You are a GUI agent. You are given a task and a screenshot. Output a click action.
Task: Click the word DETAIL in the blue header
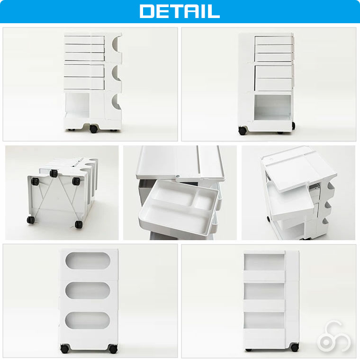(180, 11)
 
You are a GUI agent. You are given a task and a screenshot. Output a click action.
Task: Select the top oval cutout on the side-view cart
(88, 261)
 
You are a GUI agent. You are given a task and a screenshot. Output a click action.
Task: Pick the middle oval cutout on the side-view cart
(88, 290)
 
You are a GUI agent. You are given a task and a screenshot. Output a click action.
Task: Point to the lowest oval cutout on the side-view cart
(88, 320)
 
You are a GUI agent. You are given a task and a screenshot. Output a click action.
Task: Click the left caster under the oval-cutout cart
(65, 349)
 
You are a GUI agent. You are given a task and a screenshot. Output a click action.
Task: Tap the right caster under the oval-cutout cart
(113, 349)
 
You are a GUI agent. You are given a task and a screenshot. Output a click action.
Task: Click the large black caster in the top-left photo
(93, 129)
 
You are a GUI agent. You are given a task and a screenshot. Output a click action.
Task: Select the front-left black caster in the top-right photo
(242, 130)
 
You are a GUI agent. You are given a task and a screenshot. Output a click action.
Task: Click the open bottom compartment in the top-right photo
(272, 107)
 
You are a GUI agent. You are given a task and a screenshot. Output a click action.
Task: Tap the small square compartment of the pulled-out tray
(204, 200)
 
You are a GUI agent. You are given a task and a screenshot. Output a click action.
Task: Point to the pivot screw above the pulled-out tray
(178, 176)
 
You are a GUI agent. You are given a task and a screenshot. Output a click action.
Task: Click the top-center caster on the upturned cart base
(54, 173)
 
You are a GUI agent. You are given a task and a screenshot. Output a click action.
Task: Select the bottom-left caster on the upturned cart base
(31, 220)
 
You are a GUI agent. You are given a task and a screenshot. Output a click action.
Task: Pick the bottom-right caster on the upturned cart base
(79, 225)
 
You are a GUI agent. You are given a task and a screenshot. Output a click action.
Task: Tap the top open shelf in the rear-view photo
(264, 262)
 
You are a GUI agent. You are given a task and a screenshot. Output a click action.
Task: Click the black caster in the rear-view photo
(294, 347)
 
